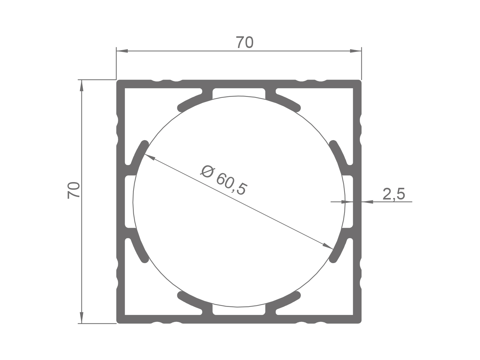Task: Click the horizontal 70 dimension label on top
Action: tap(244, 43)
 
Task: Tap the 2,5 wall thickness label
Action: tap(394, 194)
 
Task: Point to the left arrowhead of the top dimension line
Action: tap(122, 51)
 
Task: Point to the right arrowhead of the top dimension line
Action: tap(356, 51)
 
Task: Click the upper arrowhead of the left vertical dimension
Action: tap(81, 85)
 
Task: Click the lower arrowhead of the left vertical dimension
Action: tap(81, 317)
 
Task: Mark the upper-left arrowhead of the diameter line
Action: tap(149, 157)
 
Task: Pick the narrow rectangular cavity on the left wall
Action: tap(129, 202)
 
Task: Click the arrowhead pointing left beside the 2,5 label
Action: tap(367, 202)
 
